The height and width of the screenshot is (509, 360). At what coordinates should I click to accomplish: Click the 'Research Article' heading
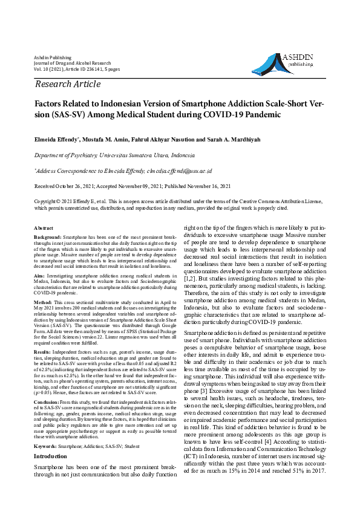pos(68,84)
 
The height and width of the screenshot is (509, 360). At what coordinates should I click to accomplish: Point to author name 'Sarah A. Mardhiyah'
pos(234,139)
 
